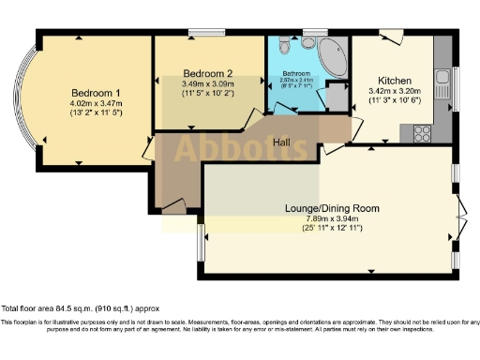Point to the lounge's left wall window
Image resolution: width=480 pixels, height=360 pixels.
[200, 242]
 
